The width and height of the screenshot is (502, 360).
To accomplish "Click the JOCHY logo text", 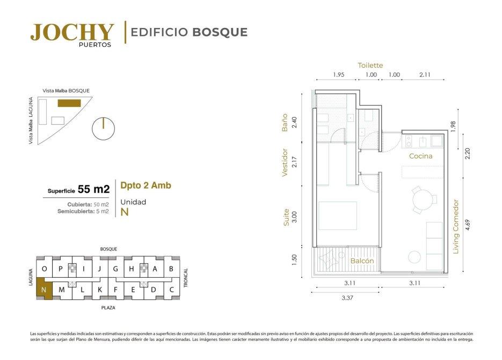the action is (x=72, y=32).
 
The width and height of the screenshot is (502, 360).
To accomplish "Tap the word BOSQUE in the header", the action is (x=220, y=32).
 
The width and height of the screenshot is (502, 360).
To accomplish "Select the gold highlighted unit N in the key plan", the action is (x=44, y=289).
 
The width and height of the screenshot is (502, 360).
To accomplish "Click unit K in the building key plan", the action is (x=100, y=290).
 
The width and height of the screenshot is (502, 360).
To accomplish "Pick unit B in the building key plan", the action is (x=171, y=269).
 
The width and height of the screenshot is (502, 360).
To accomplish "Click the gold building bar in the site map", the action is (x=69, y=103).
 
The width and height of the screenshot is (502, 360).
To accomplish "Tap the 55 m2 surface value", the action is (x=93, y=189).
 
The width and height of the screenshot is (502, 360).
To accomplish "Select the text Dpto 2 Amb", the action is (x=145, y=185).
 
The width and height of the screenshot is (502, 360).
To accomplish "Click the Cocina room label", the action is (x=421, y=156).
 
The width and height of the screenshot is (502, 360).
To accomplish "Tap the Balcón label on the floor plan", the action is (x=362, y=261).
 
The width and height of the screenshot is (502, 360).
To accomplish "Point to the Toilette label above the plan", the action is (x=370, y=66).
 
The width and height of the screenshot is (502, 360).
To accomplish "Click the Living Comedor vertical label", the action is (x=456, y=227).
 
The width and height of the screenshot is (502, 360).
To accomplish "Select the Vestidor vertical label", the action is (x=285, y=162).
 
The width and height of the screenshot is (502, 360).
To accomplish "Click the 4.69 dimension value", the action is (x=468, y=225).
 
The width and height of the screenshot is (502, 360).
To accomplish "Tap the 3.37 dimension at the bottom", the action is (x=347, y=298).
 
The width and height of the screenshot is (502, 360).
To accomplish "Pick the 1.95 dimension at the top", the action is (x=338, y=75).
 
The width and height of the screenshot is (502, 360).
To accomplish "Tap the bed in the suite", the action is (x=338, y=215).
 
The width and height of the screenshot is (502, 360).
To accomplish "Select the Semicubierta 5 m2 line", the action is (x=83, y=211).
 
